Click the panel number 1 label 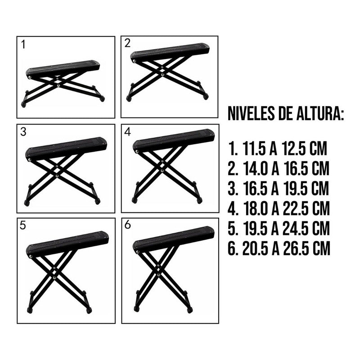pos(23,45)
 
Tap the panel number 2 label pos(127,43)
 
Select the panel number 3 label pos(23,132)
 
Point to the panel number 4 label pos(127,132)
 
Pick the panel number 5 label pos(23,226)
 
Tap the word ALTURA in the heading pos(323,113)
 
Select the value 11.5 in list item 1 pos(255,148)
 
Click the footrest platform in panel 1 pos(63,68)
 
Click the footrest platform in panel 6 pos(173,239)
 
